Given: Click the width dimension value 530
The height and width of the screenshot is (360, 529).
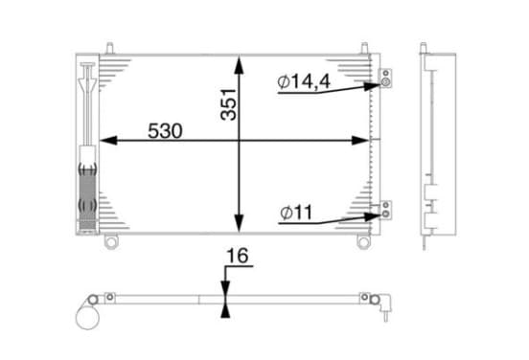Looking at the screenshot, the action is click(x=165, y=131).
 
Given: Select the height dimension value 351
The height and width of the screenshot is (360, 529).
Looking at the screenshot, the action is click(x=228, y=104).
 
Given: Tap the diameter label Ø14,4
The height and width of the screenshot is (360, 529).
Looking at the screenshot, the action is click(x=304, y=82).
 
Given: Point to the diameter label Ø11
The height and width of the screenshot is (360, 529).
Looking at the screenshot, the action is click(x=296, y=213).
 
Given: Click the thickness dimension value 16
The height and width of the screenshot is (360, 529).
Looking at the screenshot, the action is click(x=238, y=256).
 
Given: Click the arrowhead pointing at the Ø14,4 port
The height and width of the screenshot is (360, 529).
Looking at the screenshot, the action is click(x=372, y=86).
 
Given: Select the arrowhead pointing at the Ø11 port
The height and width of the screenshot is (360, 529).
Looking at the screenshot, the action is click(x=373, y=216).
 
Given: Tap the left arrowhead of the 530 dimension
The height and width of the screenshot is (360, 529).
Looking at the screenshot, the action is click(x=108, y=140).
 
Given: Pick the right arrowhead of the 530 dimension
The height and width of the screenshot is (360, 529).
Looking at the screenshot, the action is click(x=360, y=140).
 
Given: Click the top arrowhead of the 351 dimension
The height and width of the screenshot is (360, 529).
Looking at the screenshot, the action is click(x=239, y=65).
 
